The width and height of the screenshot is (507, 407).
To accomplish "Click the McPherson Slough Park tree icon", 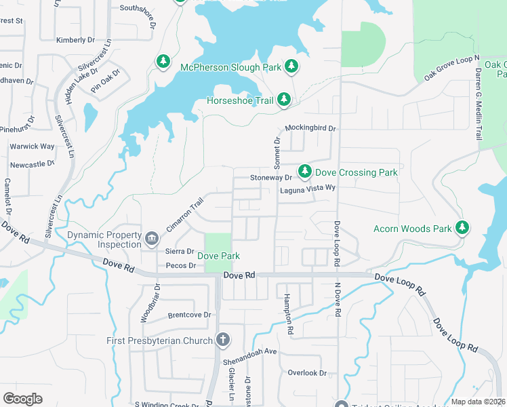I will (x=291, y=66).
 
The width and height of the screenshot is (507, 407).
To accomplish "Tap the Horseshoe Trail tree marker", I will (x=284, y=100).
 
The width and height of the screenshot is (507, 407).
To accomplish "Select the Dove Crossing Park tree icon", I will (x=305, y=170).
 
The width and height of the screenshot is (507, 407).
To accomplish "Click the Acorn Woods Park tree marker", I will (x=463, y=227).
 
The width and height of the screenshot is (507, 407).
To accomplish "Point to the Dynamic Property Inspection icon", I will (x=151, y=237).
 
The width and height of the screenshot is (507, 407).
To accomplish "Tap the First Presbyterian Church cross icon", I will (x=223, y=340).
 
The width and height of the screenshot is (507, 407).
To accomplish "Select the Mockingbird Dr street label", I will (x=310, y=128).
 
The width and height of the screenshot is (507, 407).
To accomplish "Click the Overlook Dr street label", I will (x=307, y=373).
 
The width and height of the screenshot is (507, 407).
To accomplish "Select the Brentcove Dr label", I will (x=190, y=315).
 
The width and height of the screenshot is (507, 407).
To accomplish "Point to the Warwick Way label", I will (x=32, y=147).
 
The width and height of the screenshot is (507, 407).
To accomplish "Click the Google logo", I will (x=22, y=398).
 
